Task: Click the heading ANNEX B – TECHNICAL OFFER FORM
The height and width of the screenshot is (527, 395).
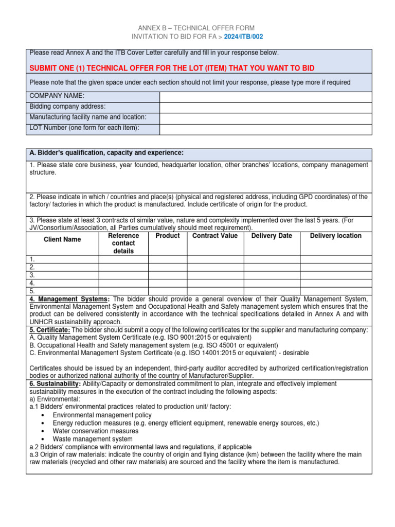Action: pos(196,28)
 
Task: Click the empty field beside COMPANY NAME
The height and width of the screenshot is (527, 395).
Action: pos(265,97)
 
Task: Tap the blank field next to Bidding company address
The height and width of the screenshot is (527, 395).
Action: pos(265,107)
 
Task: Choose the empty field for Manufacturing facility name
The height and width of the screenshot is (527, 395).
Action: pos(265,118)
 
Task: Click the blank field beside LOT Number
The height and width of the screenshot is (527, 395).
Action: pos(265,129)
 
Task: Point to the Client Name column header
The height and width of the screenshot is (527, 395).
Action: pos(62,239)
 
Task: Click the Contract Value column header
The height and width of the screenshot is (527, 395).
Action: pos(215,236)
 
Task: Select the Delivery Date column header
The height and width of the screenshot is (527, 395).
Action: pos(272,236)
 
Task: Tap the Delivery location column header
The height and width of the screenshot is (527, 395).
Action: pos(335,236)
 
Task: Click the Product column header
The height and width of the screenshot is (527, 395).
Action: pos(168,236)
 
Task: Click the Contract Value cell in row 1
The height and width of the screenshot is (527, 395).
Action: pos(215,259)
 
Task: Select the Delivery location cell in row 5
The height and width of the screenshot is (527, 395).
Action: pos(335,291)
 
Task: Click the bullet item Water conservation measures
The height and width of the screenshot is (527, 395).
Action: pos(96,431)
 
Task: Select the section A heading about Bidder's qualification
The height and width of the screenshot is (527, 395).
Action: pos(106,153)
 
